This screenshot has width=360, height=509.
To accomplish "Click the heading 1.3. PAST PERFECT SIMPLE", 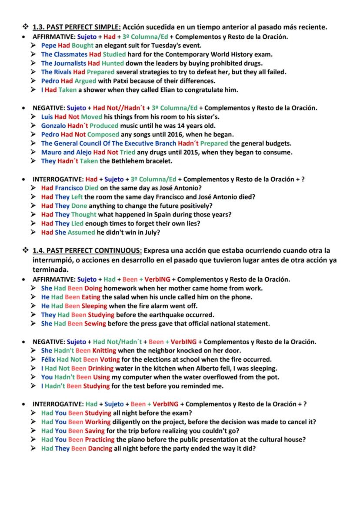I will (77, 27).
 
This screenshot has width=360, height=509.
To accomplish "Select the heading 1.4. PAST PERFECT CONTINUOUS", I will (87, 251).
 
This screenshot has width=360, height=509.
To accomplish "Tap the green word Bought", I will (83, 45).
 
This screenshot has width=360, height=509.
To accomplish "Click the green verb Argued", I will (85, 81).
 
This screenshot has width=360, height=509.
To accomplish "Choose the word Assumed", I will (81, 232).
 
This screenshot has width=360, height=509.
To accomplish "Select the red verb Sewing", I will (95, 323).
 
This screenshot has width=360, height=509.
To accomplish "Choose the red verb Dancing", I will (100, 448).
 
